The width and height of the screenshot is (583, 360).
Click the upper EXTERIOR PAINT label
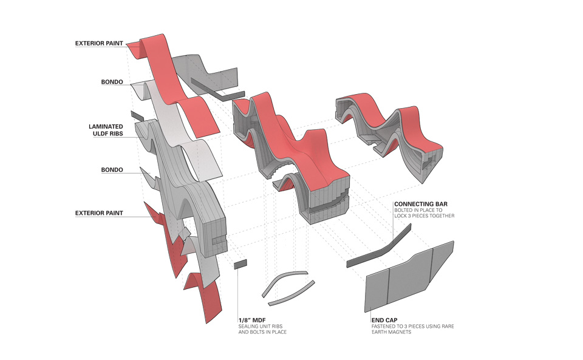99,44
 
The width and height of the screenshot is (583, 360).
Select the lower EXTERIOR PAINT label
99,213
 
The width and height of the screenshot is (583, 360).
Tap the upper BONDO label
112,82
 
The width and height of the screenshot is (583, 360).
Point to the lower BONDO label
112,170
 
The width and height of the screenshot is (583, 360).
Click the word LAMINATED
106,127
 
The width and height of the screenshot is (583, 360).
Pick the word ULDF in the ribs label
100,134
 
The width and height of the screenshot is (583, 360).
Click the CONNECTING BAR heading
421,204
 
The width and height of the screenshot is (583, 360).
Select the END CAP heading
384,321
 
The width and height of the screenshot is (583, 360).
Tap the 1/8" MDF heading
252,321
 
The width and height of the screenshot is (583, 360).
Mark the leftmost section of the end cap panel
377,290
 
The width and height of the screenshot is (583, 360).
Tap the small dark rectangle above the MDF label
240,264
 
